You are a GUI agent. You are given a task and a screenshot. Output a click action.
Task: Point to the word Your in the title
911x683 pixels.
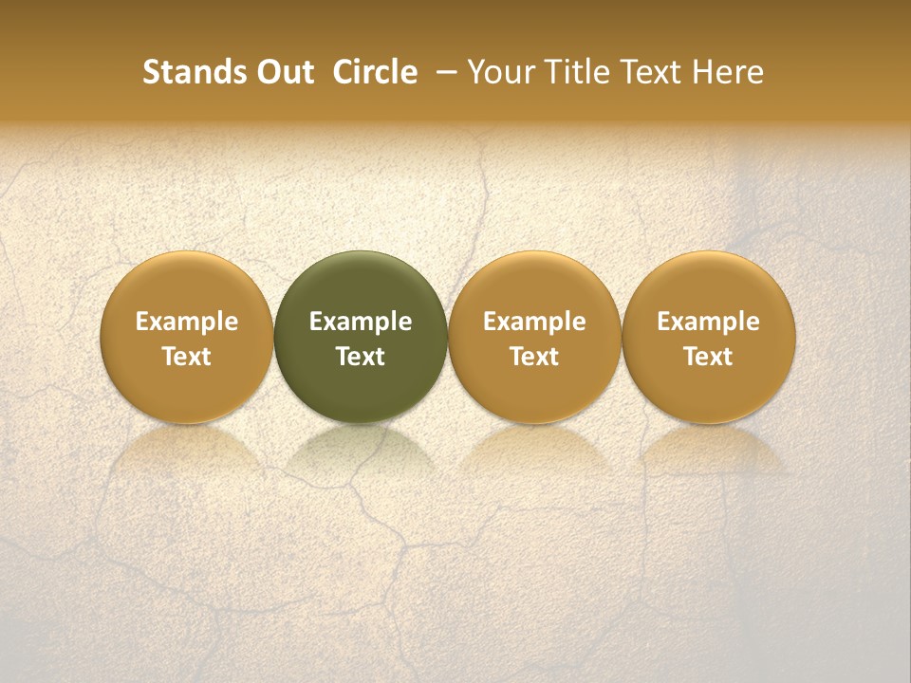click(x=498, y=72)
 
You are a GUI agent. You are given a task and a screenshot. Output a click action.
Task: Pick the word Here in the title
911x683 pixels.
click(x=727, y=72)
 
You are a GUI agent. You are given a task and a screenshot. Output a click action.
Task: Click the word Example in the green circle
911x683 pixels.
click(x=361, y=323)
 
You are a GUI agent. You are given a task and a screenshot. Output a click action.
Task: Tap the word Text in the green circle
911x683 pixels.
click(x=361, y=357)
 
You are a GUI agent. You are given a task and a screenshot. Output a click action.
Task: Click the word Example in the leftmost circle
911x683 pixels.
click(x=187, y=323)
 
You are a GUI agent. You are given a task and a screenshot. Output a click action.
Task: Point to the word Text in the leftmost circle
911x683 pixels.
click(x=187, y=357)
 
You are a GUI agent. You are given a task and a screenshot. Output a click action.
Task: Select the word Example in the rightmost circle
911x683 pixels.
click(x=709, y=323)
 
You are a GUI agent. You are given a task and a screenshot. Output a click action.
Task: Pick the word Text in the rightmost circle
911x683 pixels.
click(x=709, y=357)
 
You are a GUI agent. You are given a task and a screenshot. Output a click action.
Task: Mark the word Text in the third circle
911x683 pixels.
click(x=534, y=357)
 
